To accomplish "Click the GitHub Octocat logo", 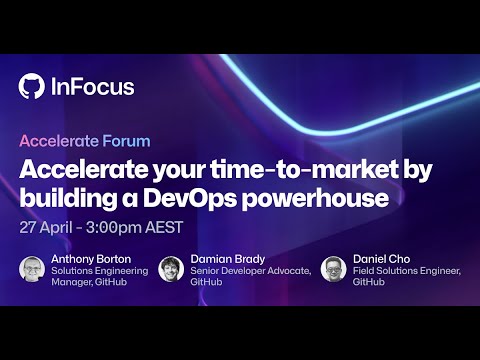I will tap(32, 87).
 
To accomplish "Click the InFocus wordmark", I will tap(91, 87).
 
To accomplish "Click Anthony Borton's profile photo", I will tap(32, 269).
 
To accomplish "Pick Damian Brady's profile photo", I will tap(170, 269).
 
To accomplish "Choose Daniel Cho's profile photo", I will tap(334, 269).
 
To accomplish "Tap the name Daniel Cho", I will tap(381, 260).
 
